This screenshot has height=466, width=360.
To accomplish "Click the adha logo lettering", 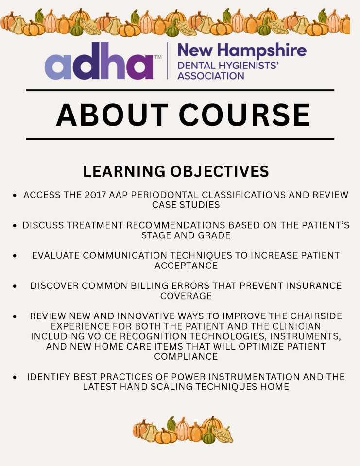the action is [x=99, y=61].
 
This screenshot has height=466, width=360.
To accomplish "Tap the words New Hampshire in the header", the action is [x=242, y=50].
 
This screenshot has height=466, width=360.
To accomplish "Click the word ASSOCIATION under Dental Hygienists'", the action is [x=211, y=76].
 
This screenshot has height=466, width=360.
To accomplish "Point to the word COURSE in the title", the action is [x=244, y=115].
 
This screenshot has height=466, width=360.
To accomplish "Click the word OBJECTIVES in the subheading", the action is [x=220, y=171].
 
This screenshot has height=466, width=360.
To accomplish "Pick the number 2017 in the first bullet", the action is [x=95, y=195].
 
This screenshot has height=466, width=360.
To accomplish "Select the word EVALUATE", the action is [x=56, y=256].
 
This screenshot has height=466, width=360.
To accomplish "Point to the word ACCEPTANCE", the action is [x=186, y=266].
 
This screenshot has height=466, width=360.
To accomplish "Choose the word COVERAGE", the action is [x=186, y=296].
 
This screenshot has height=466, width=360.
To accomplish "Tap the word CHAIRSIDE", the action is [x=316, y=316].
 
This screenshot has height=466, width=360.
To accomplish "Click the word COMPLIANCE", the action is [x=186, y=357].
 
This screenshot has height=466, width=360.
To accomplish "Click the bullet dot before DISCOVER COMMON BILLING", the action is [x=15, y=286].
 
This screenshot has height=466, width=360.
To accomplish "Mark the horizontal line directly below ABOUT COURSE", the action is [x=180, y=139].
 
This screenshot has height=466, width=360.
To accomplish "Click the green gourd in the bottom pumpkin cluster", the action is [x=209, y=434].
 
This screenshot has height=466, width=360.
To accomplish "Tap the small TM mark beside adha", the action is [x=158, y=57].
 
